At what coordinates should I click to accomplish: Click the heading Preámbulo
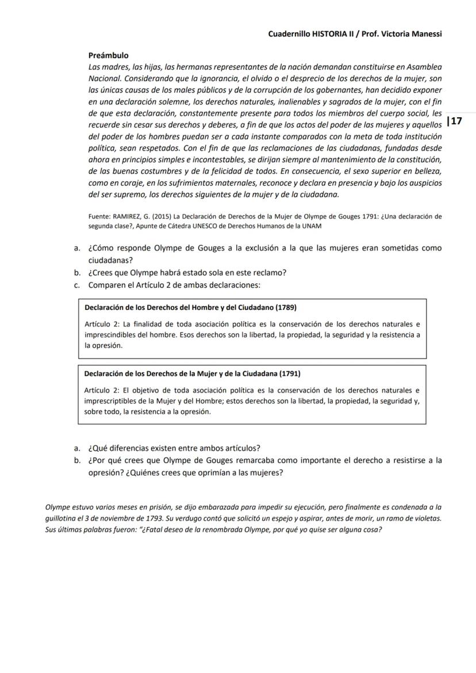108,56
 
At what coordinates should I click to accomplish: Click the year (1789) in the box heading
286,307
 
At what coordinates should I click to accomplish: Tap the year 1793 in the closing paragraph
153,518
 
